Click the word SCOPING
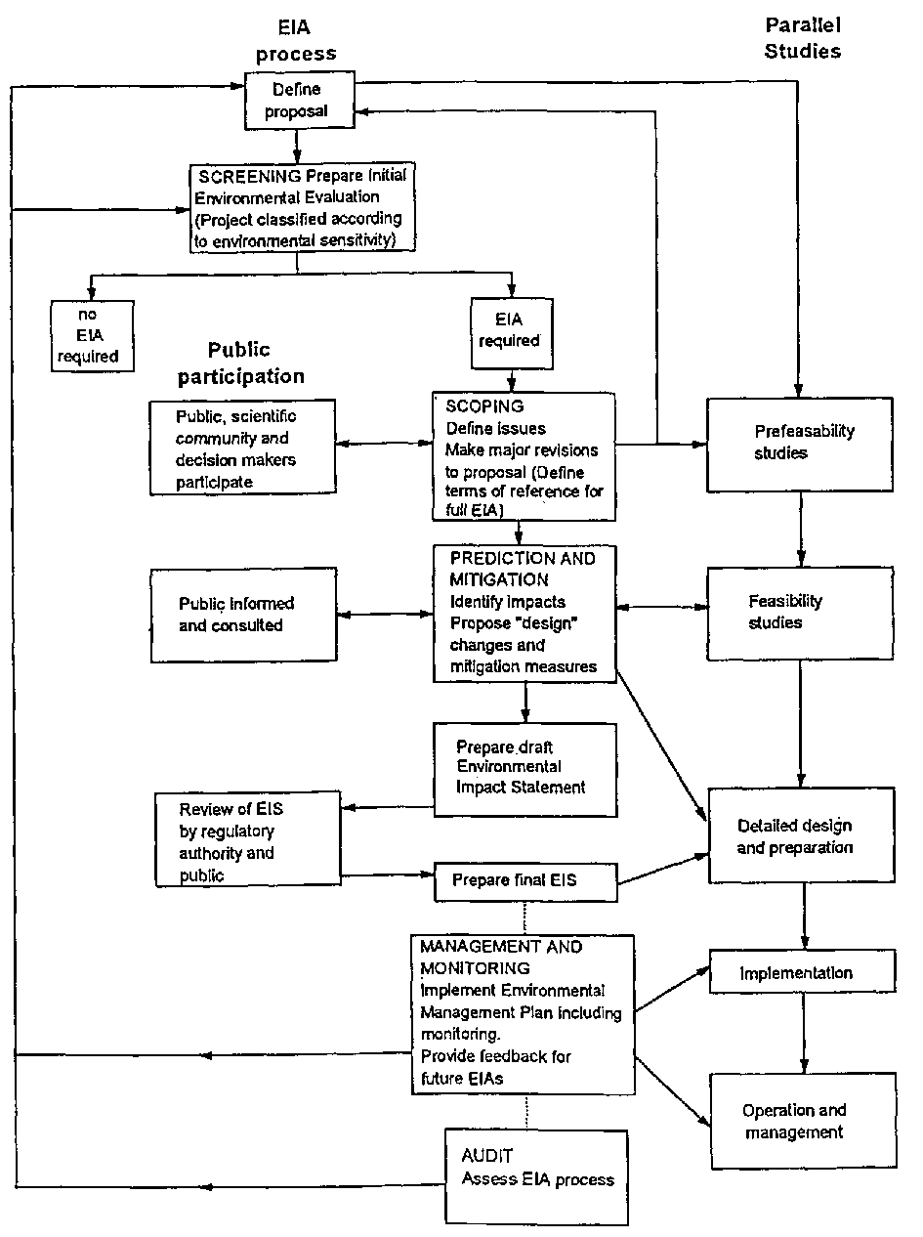484,405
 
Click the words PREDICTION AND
522,558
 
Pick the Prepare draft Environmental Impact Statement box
525,768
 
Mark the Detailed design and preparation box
801,836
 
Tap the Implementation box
802,972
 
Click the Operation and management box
802,1121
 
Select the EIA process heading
296,42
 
